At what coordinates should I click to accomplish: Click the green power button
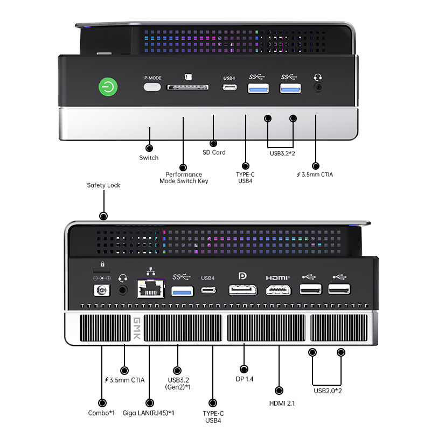pos(108,87)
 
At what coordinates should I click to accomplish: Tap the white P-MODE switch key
pos(152,87)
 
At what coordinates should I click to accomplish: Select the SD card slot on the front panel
pos(187,87)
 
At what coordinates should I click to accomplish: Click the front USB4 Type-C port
pos(230,87)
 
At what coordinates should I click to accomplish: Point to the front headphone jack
pos(318,87)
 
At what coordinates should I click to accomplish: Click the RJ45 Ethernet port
pos(151,289)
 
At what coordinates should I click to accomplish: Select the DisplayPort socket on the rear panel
pos(243,290)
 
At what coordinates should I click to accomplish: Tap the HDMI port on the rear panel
pos(278,290)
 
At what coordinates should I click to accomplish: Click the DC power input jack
pos(102,290)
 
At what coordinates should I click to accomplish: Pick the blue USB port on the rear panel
pos(182,291)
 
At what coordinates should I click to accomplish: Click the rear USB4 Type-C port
pos(208,290)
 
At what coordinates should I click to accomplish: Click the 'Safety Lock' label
pos(103,185)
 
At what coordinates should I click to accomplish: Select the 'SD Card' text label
pos(214,152)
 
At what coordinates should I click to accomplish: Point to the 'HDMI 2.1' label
pos(282,403)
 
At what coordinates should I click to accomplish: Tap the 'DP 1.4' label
pos(245,379)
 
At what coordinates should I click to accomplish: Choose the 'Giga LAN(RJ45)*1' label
pos(148,413)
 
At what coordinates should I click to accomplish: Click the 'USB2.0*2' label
pos(328,391)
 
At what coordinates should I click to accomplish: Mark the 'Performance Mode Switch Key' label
pos(184,178)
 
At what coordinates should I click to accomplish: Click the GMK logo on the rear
pos(137,328)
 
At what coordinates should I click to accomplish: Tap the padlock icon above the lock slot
pos(102,264)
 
